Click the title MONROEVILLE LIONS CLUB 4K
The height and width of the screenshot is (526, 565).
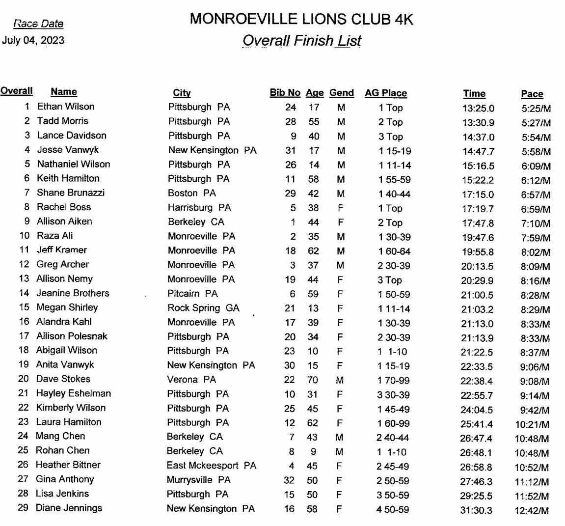point(301,19)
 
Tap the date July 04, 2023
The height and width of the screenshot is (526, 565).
point(33,40)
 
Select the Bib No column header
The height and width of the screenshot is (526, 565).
point(285,93)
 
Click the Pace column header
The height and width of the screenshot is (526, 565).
point(532,94)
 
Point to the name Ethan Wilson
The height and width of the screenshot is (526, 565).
point(66,107)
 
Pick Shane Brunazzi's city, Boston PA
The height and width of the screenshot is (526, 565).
point(191,193)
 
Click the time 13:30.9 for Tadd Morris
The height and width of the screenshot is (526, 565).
point(478,123)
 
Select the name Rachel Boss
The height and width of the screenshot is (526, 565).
point(64,207)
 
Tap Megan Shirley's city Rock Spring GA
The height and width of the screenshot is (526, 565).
point(203,308)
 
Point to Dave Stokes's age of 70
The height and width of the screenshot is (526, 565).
point(312,380)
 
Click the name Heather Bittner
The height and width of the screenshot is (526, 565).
point(68,465)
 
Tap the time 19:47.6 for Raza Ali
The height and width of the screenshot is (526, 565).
point(478,238)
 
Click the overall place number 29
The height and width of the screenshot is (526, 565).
point(23,508)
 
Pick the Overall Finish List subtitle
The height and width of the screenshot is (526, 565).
point(301,41)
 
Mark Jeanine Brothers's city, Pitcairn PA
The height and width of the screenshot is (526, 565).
point(192,294)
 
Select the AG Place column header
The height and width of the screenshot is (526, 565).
point(385,93)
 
